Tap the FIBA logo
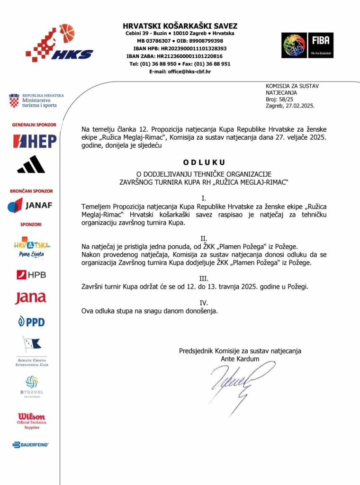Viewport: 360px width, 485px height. tap(307, 45)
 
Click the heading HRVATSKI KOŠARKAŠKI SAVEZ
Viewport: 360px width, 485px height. tap(180, 26)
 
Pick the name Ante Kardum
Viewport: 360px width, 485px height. tap(240, 359)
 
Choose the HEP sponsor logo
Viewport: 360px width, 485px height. tap(35, 141)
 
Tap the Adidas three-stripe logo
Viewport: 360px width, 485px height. tap(31, 164)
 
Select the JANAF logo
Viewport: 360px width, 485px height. tap(30, 205)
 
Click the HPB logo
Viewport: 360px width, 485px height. tap(31, 274)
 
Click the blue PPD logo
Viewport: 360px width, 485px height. tap(31, 322)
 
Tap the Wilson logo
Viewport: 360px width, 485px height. tap(32, 416)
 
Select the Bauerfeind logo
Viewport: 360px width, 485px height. tap(31, 445)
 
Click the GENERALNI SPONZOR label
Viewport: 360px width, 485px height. tap(34, 125)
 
